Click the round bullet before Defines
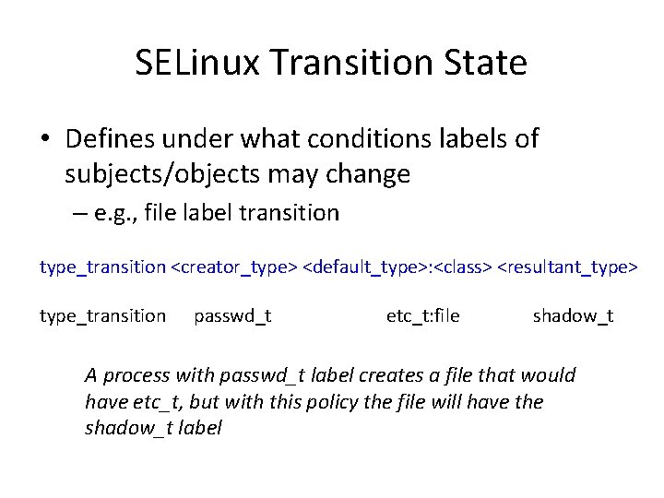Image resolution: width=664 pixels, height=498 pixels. pos(45,140)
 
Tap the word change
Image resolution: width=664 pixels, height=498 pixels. pos(363,173)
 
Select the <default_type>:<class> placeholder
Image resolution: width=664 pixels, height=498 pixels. pos(398,267)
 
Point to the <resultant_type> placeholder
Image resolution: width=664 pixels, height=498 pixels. pos(567,267)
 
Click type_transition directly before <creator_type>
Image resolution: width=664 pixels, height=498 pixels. pos(102,267)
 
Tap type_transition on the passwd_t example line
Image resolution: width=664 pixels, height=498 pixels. pos(102,317)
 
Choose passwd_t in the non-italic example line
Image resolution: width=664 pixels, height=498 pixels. pos(232,317)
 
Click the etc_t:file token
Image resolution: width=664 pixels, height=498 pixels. pos(422,317)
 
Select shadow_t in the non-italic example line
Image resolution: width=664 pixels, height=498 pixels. pos(573,317)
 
